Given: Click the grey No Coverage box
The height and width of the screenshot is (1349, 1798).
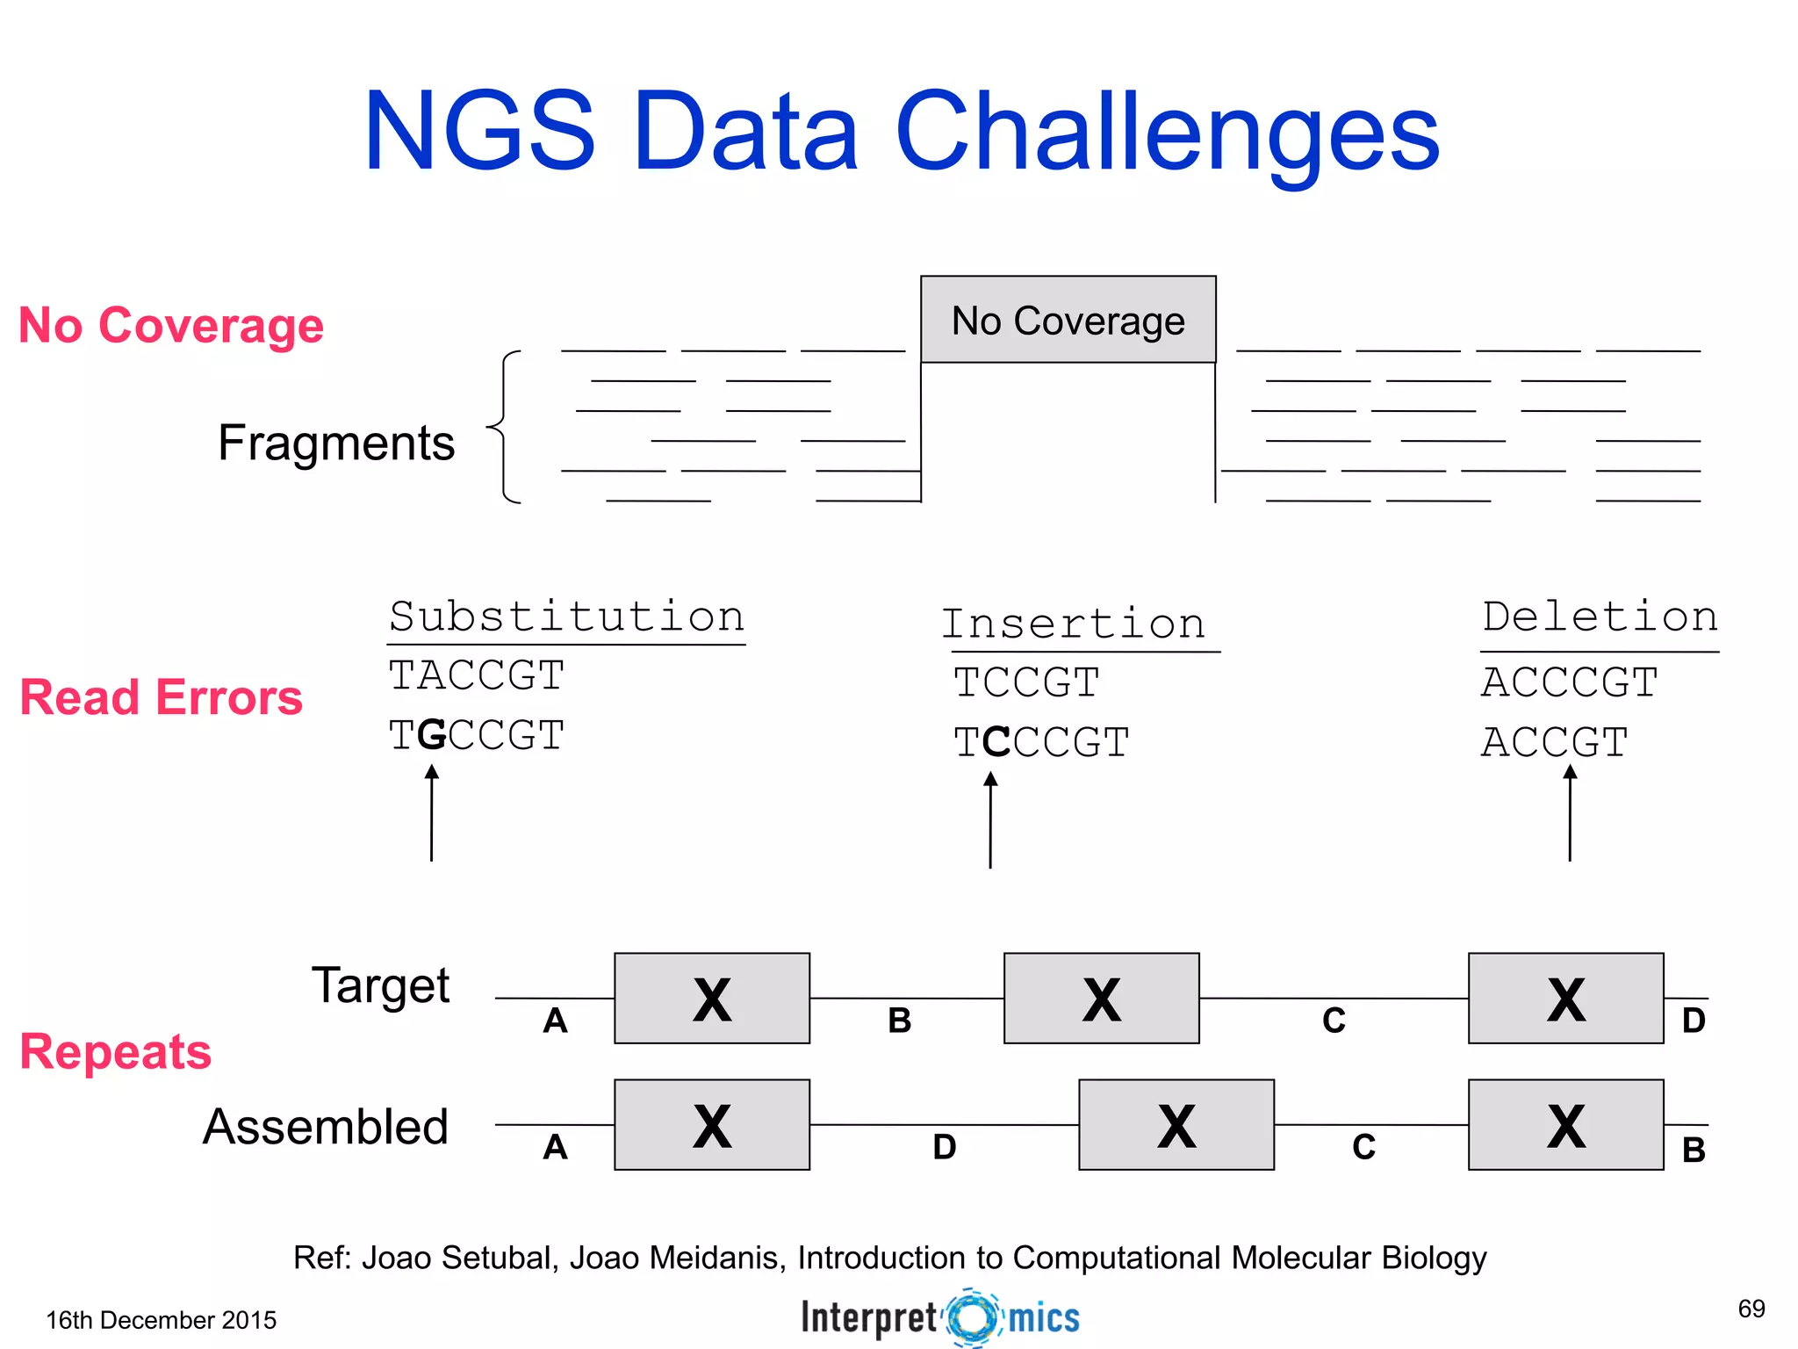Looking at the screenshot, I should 1068,320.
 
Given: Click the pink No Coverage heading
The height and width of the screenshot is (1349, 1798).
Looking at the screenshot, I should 171,325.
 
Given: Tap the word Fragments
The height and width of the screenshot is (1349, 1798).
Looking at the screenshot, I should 336,443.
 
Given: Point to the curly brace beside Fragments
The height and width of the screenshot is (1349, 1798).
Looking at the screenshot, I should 505,427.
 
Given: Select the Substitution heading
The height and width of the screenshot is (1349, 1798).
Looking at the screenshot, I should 567,617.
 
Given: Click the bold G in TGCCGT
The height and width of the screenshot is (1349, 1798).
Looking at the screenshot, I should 432,735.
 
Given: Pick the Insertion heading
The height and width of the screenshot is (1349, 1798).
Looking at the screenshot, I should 1074,624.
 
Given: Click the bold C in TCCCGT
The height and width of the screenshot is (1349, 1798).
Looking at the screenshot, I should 996,743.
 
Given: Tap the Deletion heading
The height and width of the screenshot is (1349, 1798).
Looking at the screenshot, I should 1600,617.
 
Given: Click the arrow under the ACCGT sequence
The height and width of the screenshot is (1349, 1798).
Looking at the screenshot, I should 1570,812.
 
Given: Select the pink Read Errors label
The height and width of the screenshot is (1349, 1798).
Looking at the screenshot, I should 161,697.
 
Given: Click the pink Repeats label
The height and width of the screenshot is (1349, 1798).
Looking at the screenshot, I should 115,1051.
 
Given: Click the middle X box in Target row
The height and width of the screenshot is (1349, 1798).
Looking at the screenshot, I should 1101,999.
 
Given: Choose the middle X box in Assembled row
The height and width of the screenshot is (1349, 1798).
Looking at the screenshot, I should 1176,1125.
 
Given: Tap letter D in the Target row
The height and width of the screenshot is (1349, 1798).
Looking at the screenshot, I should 1694,1021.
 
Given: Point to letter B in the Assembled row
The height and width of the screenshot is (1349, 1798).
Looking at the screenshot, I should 1694,1150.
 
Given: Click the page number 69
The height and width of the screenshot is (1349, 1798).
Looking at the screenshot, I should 1751,1309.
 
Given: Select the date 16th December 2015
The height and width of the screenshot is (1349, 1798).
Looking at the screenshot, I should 161,1320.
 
